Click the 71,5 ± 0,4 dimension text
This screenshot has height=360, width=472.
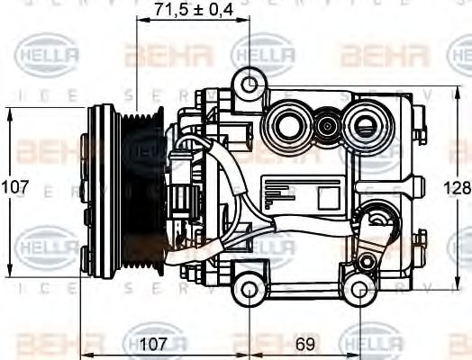pyautogui.click(x=195, y=10)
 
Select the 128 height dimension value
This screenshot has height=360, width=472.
pyautogui.click(x=459, y=189)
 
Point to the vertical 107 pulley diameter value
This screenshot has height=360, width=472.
pyautogui.click(x=14, y=189)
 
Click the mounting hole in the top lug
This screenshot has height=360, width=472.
pyautogui.click(x=250, y=85)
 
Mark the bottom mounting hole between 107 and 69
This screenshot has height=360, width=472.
pyautogui.click(x=249, y=290)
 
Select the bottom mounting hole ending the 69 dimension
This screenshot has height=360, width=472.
pyautogui.click(x=360, y=290)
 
